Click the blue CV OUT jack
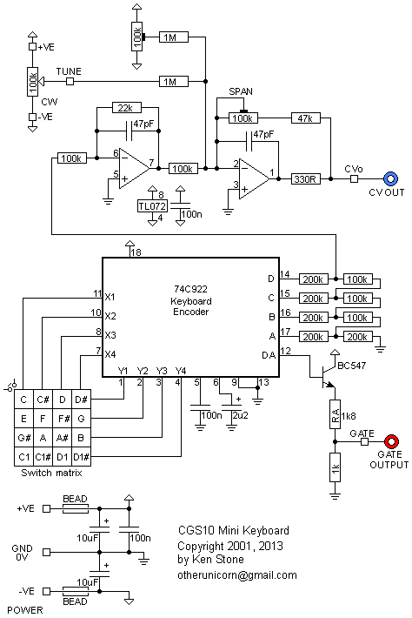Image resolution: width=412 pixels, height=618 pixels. pos(390,178)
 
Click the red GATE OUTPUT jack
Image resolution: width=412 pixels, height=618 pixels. pos(392,441)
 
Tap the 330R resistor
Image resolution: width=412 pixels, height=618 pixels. pos(306,179)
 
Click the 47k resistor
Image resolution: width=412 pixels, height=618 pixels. pos(306,118)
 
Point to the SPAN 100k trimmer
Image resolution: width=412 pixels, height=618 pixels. pos(243,118)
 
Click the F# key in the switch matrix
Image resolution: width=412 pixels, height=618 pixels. pos(63,419)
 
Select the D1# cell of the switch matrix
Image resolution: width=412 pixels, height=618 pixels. pos(82,457)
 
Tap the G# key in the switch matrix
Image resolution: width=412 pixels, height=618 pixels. pos(23,438)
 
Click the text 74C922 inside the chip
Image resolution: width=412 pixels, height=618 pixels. pos(190,290)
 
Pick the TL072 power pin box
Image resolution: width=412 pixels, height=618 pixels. pos(152,206)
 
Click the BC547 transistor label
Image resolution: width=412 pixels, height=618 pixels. pos(351,366)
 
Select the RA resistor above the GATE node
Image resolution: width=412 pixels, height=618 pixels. pos(335,413)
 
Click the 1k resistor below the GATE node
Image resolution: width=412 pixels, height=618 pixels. pos(335,467)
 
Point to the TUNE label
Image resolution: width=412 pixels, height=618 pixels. pos(69,71)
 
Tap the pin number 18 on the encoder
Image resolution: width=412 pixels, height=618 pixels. pos(136,252)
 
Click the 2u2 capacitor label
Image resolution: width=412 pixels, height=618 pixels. pos(241,415)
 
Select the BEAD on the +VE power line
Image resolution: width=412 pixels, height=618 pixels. pos(75,508)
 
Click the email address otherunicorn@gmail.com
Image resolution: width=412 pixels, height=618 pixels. pos(237,575)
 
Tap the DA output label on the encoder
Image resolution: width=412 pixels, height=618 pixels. pos(269,355)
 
